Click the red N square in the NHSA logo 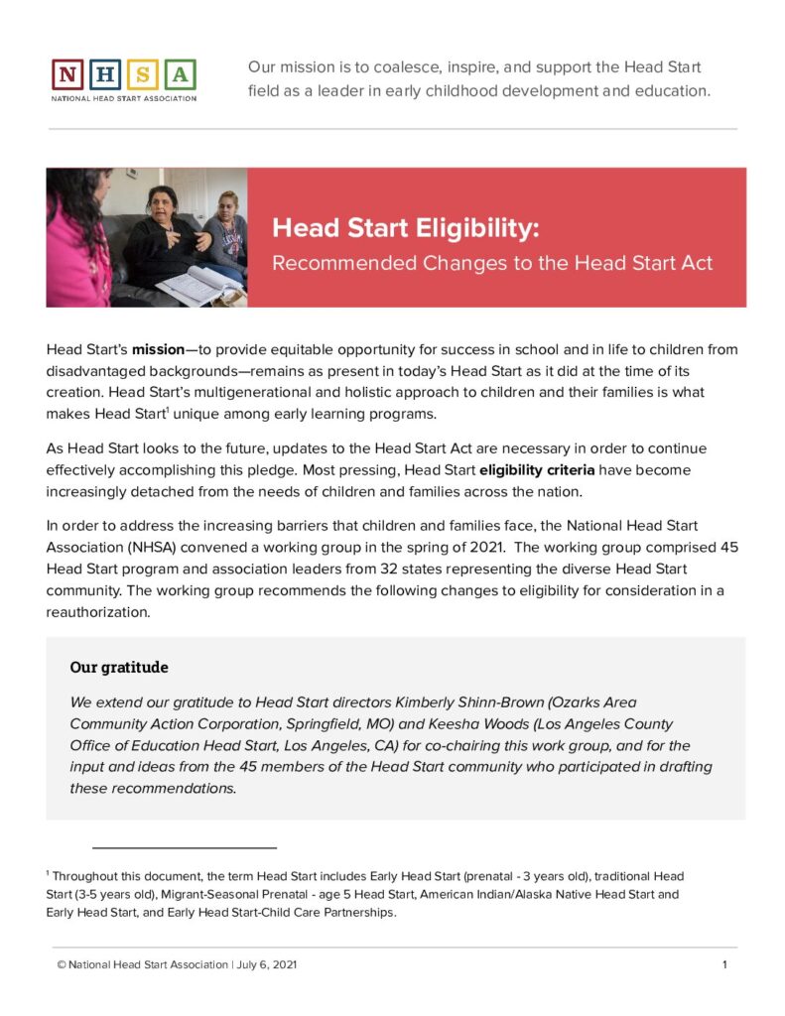click(67, 74)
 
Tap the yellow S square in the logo click(143, 74)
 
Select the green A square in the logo click(181, 74)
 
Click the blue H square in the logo click(105, 74)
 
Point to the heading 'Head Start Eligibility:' click(406, 229)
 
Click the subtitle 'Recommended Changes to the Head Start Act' click(492, 264)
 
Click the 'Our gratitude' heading click(119, 667)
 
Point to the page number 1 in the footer click(725, 965)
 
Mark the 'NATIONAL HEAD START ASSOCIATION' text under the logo click(124, 98)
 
